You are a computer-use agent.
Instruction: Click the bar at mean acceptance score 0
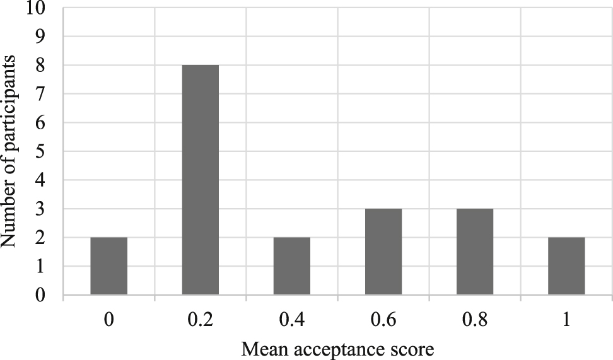point(109,266)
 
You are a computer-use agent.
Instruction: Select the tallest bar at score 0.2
point(201,180)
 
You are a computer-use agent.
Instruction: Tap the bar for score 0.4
point(292,266)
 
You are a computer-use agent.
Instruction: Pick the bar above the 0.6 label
point(383,252)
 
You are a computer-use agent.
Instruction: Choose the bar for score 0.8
point(475,252)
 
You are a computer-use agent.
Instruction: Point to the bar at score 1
point(566,266)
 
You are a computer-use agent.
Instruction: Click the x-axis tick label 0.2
point(201,320)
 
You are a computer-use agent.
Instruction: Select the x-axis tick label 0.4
point(292,320)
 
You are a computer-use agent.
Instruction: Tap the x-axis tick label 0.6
point(383,320)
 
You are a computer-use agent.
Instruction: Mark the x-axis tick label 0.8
point(475,320)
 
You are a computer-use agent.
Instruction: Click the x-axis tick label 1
point(566,320)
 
